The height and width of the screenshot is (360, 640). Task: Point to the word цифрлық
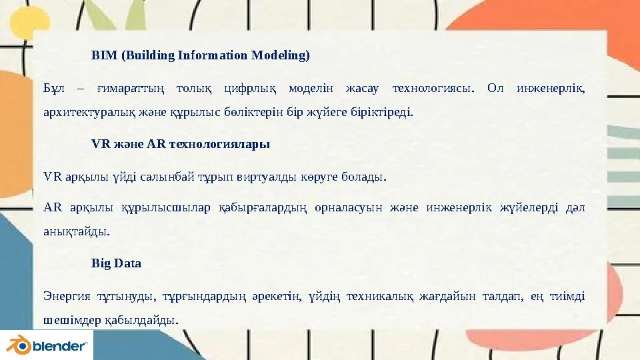pyautogui.click(x=248, y=89)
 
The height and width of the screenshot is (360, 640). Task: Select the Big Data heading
pyautogui.click(x=116, y=263)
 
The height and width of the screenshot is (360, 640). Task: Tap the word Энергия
pyautogui.click(x=64, y=296)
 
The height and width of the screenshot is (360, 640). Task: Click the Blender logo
pyautogui.click(x=47, y=345)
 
